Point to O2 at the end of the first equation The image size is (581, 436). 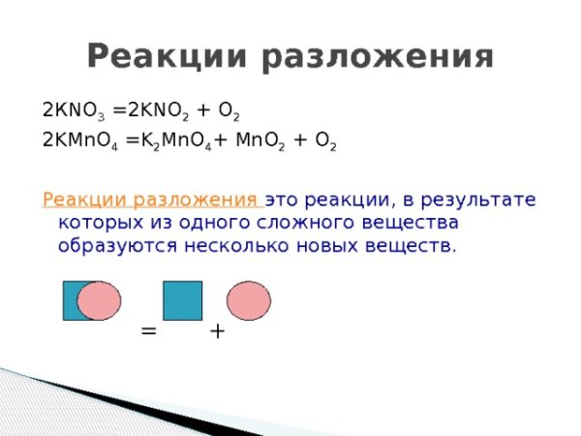[x=228, y=109]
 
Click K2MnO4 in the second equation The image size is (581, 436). [x=178, y=141]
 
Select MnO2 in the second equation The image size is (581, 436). [x=260, y=141]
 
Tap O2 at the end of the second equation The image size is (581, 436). [x=324, y=141]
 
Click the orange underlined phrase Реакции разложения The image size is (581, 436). [x=152, y=201]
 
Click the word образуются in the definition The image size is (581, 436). [x=114, y=246]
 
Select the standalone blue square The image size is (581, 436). [x=182, y=300]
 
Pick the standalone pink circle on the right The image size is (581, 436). [x=249, y=301]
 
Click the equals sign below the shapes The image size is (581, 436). [x=148, y=330]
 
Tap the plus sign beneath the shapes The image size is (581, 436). [x=217, y=330]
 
